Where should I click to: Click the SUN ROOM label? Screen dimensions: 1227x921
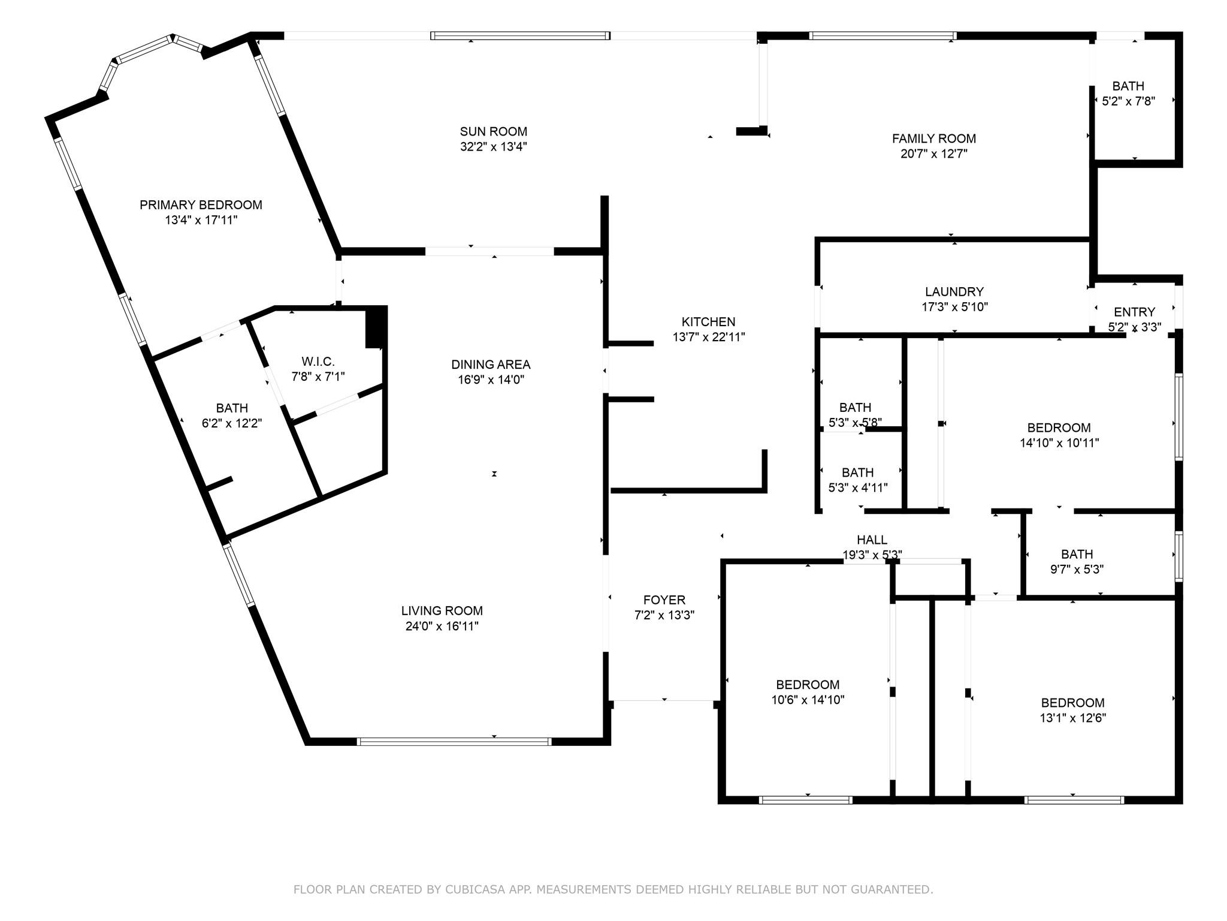pyautogui.click(x=494, y=131)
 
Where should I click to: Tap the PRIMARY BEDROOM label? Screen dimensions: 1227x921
pyautogui.click(x=201, y=205)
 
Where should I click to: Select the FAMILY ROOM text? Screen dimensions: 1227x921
pyautogui.click(x=934, y=139)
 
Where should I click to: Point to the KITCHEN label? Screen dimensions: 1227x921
pyautogui.click(x=708, y=322)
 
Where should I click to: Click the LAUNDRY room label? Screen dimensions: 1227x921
pyautogui.click(x=954, y=292)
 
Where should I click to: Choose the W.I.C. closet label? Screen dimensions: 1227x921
pyautogui.click(x=318, y=362)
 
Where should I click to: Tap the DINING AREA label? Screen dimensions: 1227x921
pyautogui.click(x=491, y=365)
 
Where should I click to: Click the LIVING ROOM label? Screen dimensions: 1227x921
pyautogui.click(x=442, y=611)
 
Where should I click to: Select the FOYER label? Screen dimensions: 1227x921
pyautogui.click(x=664, y=600)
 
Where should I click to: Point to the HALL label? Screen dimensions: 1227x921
pyautogui.click(x=872, y=540)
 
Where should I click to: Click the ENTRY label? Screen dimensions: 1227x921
pyautogui.click(x=1134, y=312)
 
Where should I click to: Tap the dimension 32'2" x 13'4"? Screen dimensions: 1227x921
pyautogui.click(x=494, y=147)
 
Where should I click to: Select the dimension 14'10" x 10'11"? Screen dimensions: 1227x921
pyautogui.click(x=1059, y=444)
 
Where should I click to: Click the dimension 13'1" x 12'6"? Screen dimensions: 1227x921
pyautogui.click(x=1072, y=718)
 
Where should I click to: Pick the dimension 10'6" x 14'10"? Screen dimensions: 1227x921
pyautogui.click(x=808, y=700)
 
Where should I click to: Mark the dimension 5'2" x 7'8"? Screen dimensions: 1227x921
pyautogui.click(x=1128, y=101)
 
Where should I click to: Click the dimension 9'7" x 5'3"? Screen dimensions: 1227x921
pyautogui.click(x=1077, y=570)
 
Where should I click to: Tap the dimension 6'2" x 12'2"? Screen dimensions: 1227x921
pyautogui.click(x=232, y=423)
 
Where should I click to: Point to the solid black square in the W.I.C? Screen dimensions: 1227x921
pyautogui.click(x=376, y=327)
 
